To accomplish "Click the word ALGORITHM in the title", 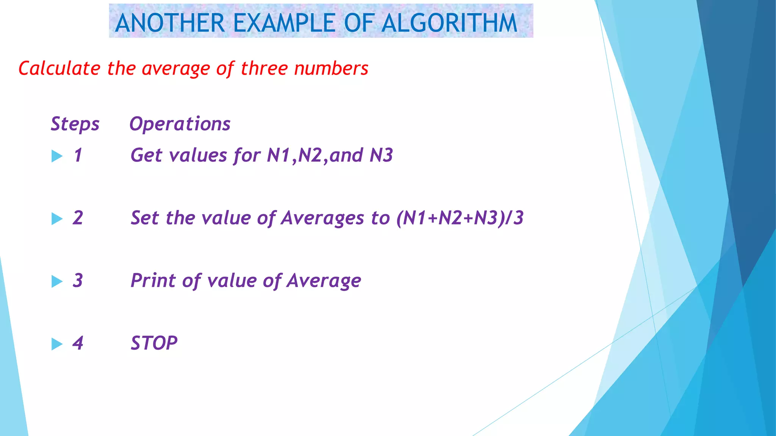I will click(449, 23).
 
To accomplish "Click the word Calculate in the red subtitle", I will click(59, 69).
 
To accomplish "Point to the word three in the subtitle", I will click(264, 69).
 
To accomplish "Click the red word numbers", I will click(331, 69).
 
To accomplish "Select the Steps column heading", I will click(75, 124).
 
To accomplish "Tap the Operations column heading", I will click(180, 124).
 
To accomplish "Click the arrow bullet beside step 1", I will click(57, 156).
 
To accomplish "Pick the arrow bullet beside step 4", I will click(57, 344).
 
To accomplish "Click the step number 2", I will click(78, 218).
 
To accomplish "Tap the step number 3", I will click(78, 281).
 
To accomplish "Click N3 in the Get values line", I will click(381, 156).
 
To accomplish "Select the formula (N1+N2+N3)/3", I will click(460, 218).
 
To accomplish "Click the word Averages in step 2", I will click(322, 218).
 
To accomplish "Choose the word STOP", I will click(154, 343).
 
